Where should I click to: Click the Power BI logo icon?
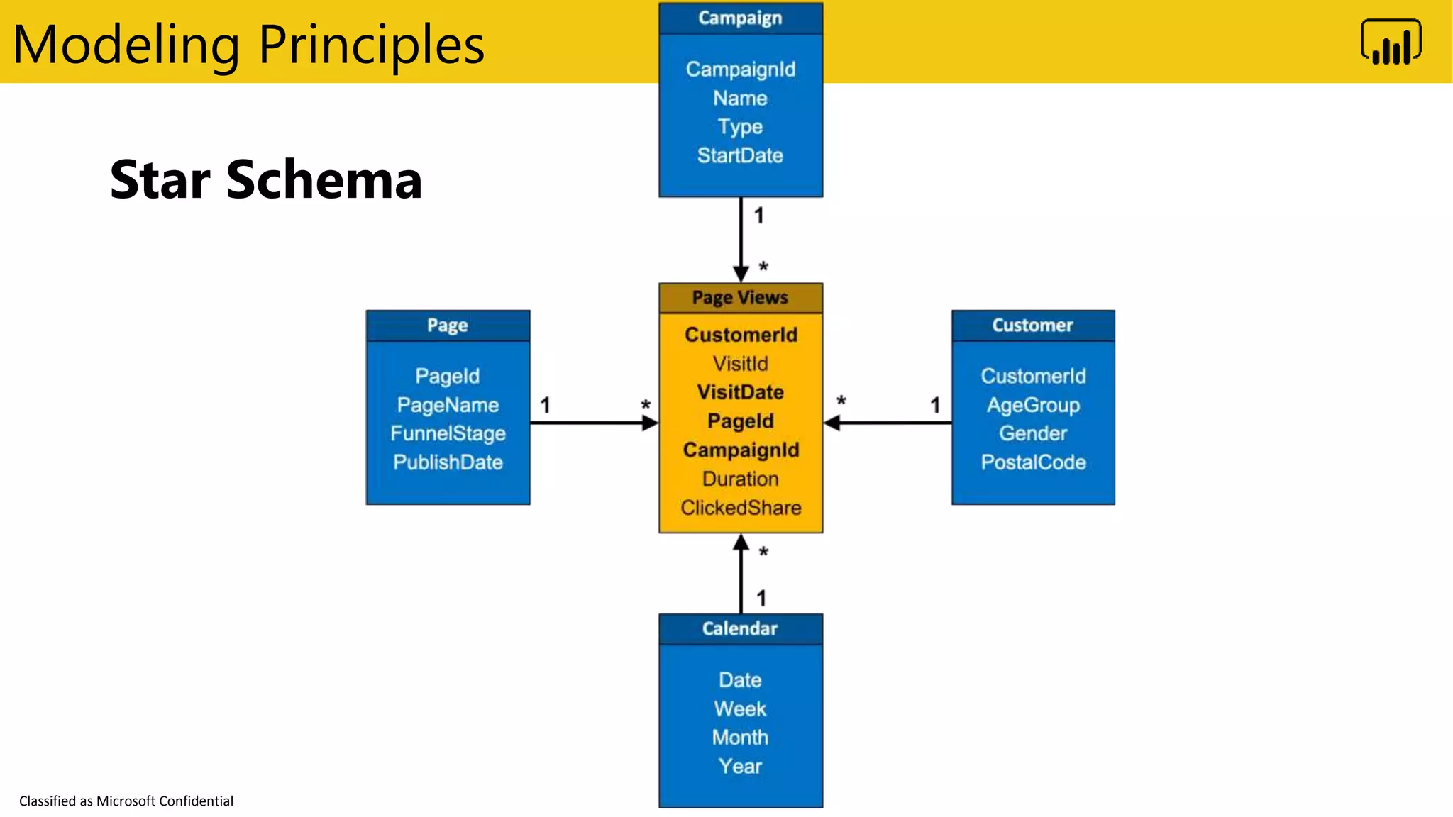click(1391, 43)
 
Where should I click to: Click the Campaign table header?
click(740, 18)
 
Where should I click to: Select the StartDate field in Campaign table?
click(740, 155)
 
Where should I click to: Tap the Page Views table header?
click(740, 298)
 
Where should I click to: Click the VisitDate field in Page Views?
click(740, 392)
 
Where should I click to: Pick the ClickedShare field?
click(740, 508)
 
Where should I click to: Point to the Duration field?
click(740, 479)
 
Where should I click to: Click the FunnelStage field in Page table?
click(448, 433)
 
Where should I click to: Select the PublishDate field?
click(448, 462)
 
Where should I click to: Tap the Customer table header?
click(1032, 326)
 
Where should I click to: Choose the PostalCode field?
click(1033, 462)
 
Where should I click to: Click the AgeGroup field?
click(1033, 405)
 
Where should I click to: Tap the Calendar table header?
click(740, 628)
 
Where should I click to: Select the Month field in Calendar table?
click(740, 738)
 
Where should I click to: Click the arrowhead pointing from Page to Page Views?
click(650, 423)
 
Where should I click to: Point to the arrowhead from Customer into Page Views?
click(832, 423)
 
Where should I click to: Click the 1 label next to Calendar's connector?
click(761, 598)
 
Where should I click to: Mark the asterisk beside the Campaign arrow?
click(763, 267)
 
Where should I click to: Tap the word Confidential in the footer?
click(196, 801)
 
